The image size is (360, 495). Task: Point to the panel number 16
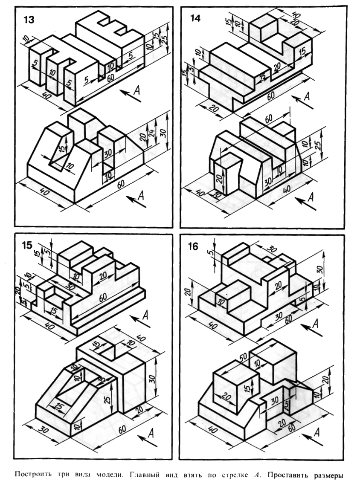point(193,247)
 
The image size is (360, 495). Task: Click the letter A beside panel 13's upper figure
point(136,90)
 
